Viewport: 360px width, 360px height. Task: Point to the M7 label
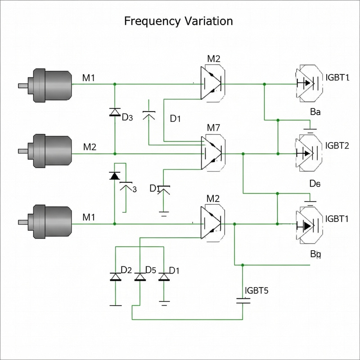213,128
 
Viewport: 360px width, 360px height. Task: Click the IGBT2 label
337,146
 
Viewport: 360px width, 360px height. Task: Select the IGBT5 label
256,290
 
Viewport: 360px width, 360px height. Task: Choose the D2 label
126,270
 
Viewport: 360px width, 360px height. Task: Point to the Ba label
315,112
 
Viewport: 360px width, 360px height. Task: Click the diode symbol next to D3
115,112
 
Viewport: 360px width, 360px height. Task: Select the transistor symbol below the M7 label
213,153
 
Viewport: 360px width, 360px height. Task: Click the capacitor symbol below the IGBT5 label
243,301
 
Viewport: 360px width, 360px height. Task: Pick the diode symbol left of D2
115,276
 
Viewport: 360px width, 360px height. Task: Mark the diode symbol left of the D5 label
140,276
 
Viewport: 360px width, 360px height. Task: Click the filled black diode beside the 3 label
115,176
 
